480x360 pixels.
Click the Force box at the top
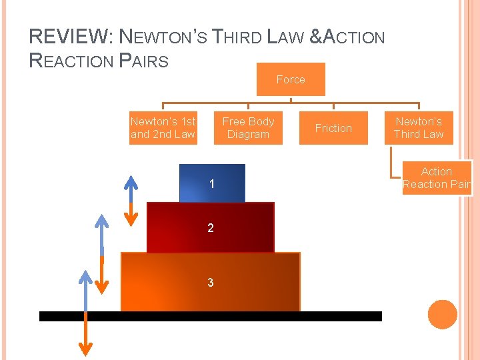click(291, 79)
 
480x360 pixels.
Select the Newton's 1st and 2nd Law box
click(163, 127)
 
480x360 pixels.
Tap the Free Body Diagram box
click(248, 127)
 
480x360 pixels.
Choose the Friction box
click(333, 128)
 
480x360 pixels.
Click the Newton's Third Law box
click(419, 127)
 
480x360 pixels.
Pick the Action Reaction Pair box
click(437, 178)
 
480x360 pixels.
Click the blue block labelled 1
click(212, 183)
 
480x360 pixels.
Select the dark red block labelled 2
click(211, 228)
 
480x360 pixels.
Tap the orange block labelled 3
click(211, 282)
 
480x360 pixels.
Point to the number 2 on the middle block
click(211, 228)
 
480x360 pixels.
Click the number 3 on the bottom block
click(211, 283)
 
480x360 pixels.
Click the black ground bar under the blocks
click(211, 316)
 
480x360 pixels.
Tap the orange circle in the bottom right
click(443, 315)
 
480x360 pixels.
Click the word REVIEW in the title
click(57, 37)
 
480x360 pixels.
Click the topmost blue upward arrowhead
click(131, 181)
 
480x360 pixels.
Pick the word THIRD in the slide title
click(239, 37)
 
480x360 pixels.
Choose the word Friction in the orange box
click(333, 128)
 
